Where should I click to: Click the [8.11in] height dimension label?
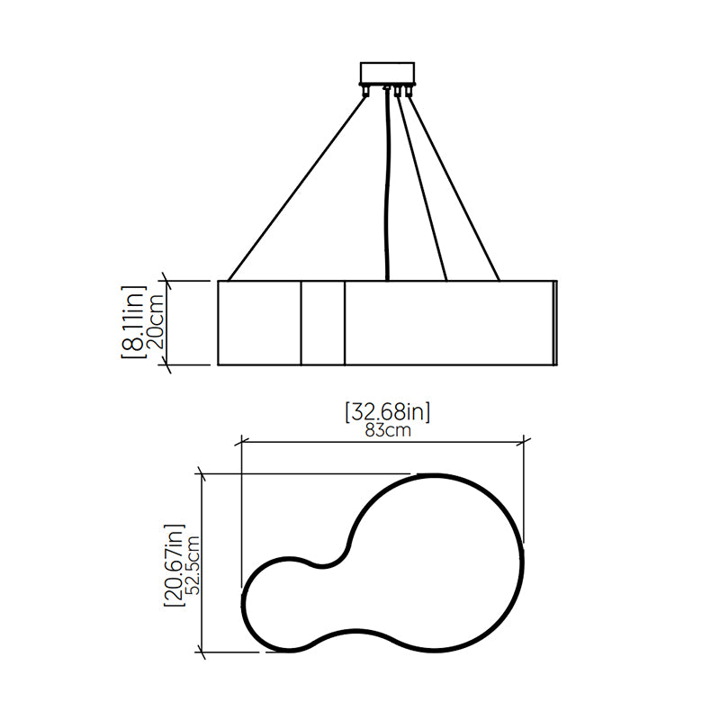[133, 322]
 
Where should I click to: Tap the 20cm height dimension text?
[155, 322]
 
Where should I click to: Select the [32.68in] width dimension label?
[388, 412]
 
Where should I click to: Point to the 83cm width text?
[388, 431]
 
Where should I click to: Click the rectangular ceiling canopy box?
[388, 73]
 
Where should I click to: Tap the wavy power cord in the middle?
[388, 184]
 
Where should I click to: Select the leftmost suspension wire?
[297, 187]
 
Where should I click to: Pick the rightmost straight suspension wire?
[454, 187]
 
